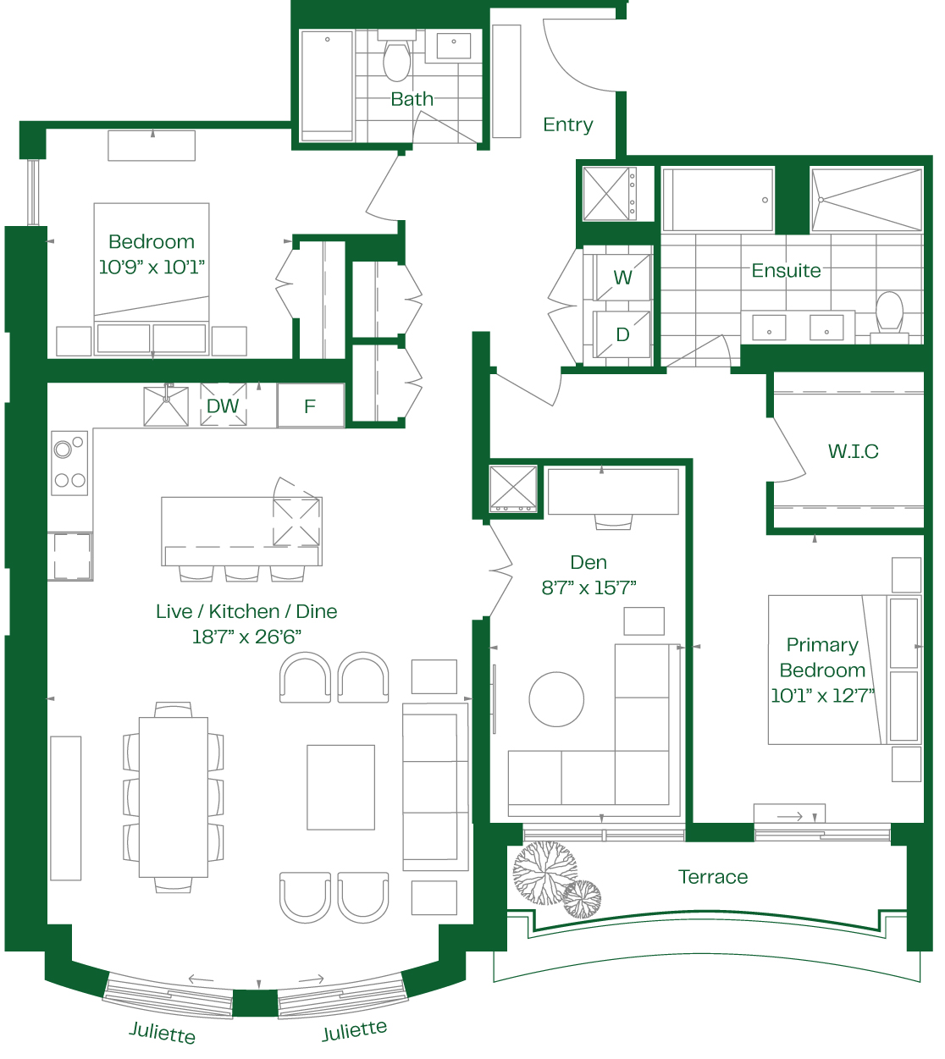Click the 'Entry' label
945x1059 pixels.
click(567, 124)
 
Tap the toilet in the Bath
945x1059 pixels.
click(396, 55)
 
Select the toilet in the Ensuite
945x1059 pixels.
click(889, 317)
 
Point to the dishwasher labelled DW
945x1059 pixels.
click(224, 405)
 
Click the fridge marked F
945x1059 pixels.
click(311, 405)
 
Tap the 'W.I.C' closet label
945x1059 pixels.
click(853, 451)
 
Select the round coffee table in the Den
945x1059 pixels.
click(556, 699)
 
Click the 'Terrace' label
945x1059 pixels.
click(713, 877)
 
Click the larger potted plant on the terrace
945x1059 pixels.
click(544, 873)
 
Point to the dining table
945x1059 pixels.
click(173, 797)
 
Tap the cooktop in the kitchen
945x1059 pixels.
click(69, 463)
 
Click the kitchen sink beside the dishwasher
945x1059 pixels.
click(166, 406)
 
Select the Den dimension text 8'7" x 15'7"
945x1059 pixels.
click(589, 587)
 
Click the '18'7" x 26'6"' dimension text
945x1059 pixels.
click(246, 637)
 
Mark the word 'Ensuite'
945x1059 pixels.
click(786, 270)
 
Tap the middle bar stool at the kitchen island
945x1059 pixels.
click(241, 573)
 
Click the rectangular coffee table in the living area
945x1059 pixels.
click(340, 786)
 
